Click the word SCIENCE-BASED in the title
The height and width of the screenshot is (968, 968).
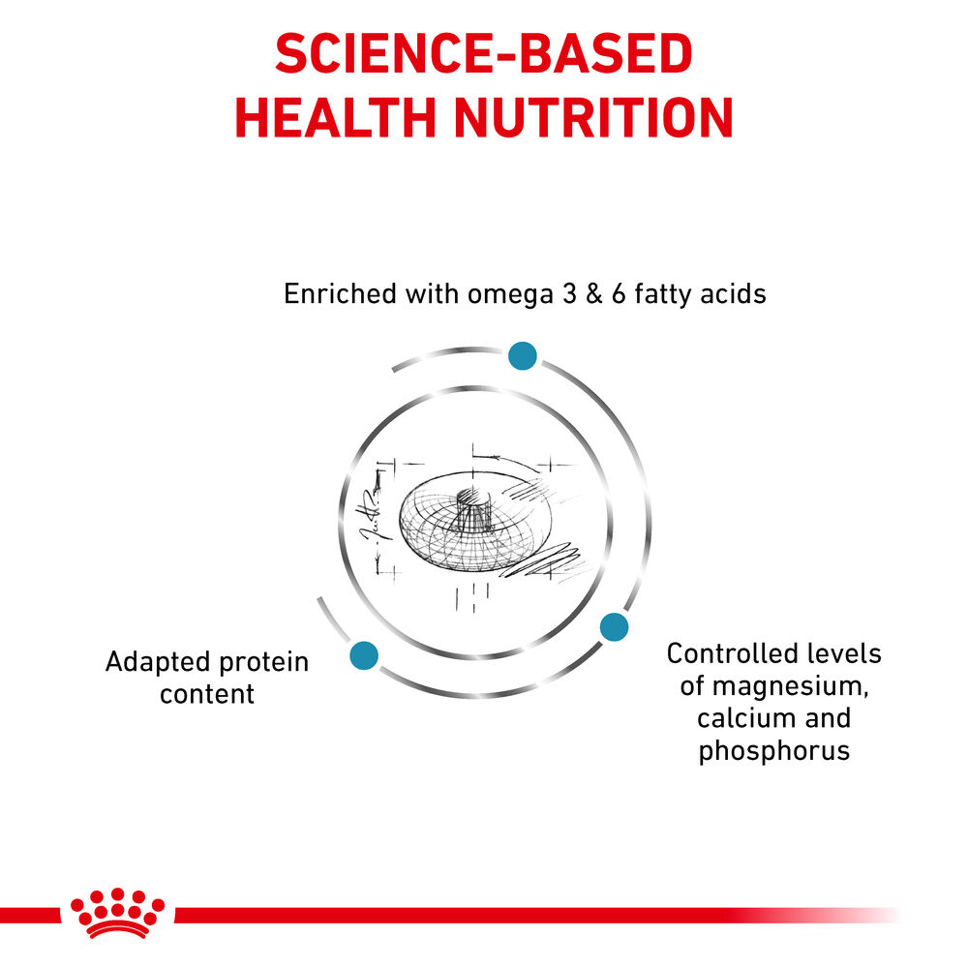(x=483, y=55)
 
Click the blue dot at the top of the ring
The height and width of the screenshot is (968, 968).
(x=523, y=355)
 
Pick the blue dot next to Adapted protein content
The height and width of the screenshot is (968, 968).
(x=364, y=655)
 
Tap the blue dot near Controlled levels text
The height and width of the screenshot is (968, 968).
(x=614, y=627)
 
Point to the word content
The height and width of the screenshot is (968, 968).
(x=207, y=694)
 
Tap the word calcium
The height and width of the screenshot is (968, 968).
(x=743, y=718)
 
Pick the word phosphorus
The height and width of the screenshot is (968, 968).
(x=773, y=751)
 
